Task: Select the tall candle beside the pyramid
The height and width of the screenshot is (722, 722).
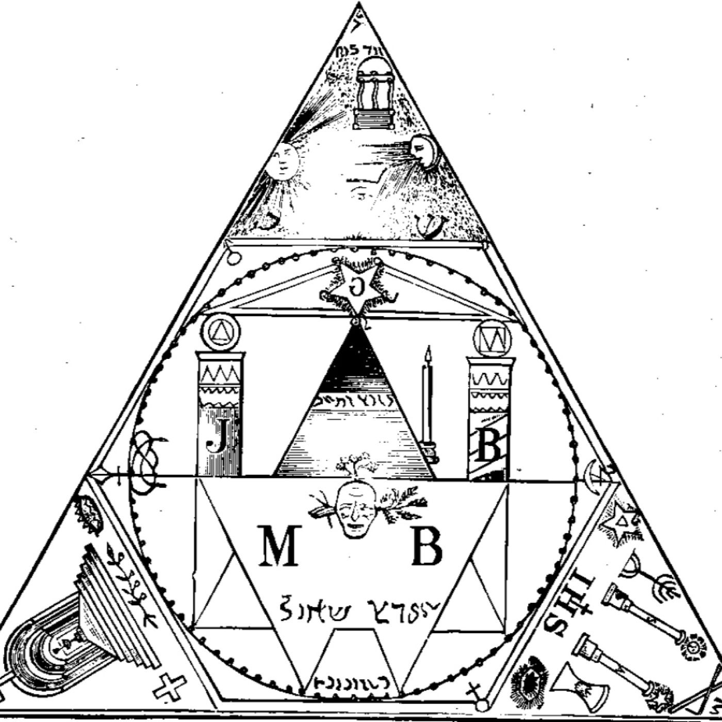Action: pyautogui.click(x=427, y=402)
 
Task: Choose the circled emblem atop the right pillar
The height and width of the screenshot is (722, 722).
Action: pyautogui.click(x=491, y=338)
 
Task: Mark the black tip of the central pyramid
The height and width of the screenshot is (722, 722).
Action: pyautogui.click(x=356, y=351)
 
